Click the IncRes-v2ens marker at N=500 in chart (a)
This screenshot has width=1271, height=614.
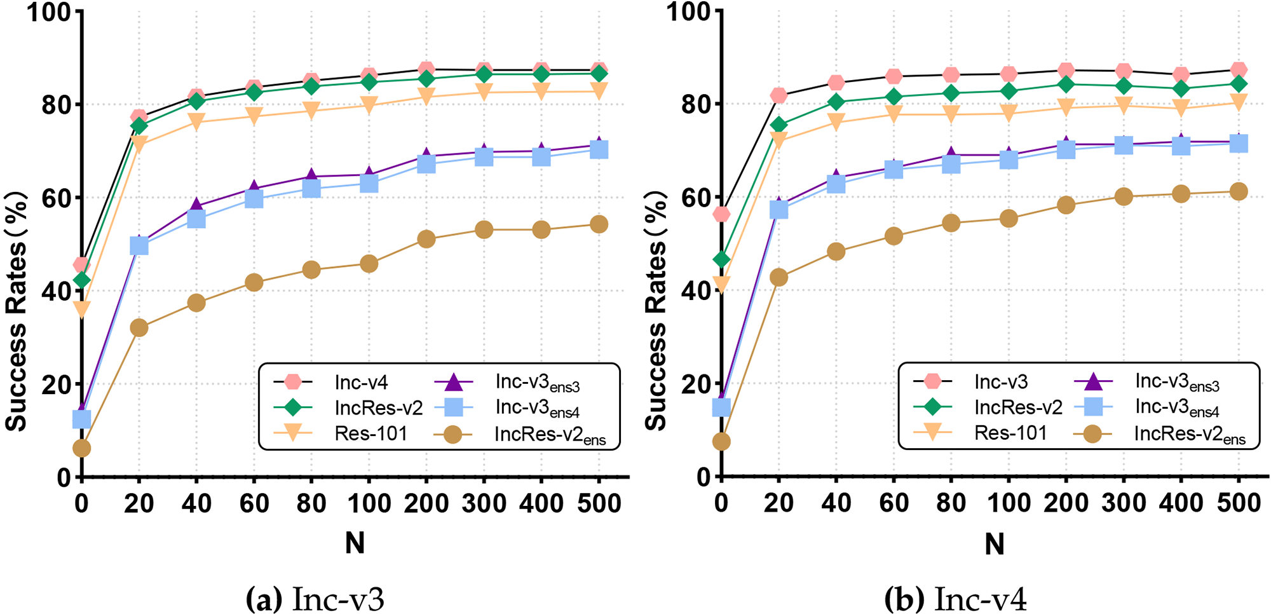coord(599,224)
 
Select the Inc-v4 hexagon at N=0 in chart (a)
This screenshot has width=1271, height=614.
coord(81,264)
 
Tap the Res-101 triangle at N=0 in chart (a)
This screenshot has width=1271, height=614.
coord(81,310)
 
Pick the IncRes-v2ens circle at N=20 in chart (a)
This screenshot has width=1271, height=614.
coord(139,328)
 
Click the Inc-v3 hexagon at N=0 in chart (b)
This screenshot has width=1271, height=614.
coord(721,214)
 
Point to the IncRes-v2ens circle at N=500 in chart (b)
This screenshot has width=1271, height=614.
coord(1238,191)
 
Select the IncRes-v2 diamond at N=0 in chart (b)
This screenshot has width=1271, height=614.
coord(721,259)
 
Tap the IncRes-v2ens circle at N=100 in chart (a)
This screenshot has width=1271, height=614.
coord(369,264)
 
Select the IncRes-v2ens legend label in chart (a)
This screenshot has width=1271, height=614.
coord(550,435)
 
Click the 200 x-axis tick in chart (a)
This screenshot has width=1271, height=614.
coord(426,504)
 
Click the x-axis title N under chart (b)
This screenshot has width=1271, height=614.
coord(995,544)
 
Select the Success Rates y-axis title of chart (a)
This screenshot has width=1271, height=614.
coord(17,311)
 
